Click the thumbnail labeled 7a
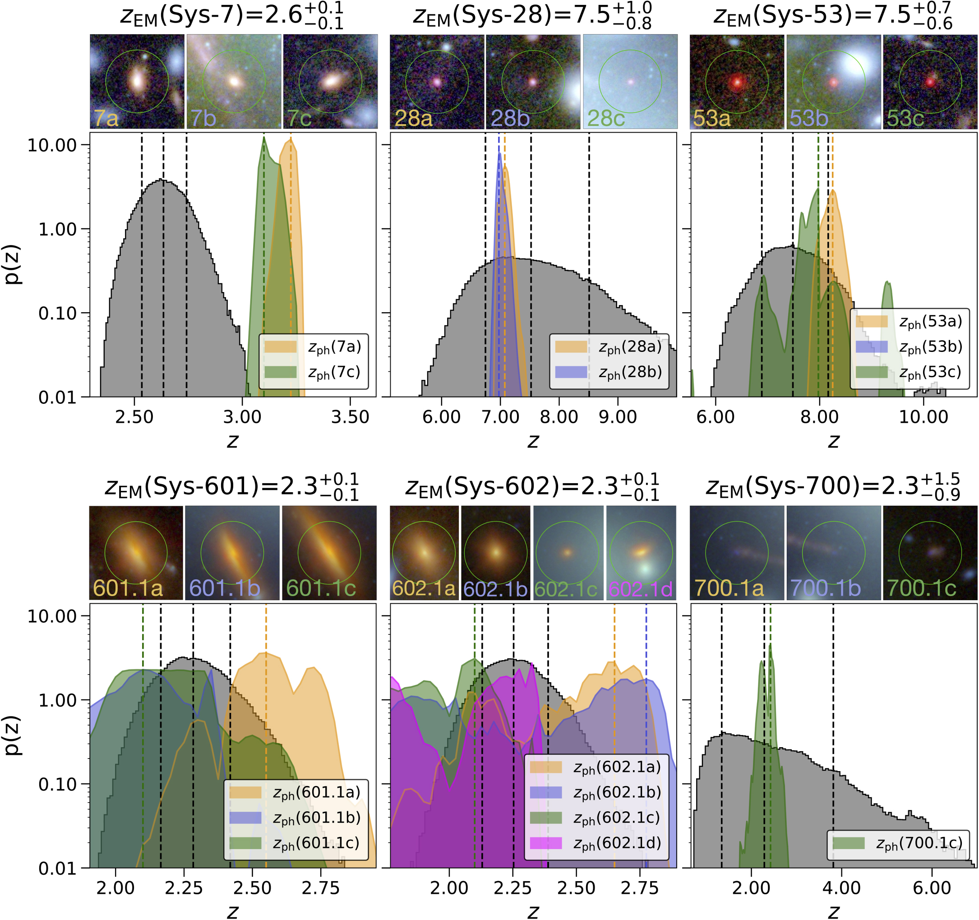point(137,82)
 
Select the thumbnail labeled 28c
point(630,82)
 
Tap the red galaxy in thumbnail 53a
point(737,82)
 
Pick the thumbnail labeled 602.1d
point(641,553)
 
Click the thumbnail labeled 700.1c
point(930,553)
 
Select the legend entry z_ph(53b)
point(930,347)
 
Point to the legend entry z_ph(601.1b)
point(316,818)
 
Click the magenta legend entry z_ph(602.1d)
point(617,844)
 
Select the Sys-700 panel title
point(832,486)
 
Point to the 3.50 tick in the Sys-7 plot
point(350,417)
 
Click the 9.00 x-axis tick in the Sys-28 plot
point(618,417)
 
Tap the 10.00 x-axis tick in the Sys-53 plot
point(924,417)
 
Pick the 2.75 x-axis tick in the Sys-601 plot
point(321,888)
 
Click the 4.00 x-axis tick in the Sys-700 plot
point(841,888)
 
